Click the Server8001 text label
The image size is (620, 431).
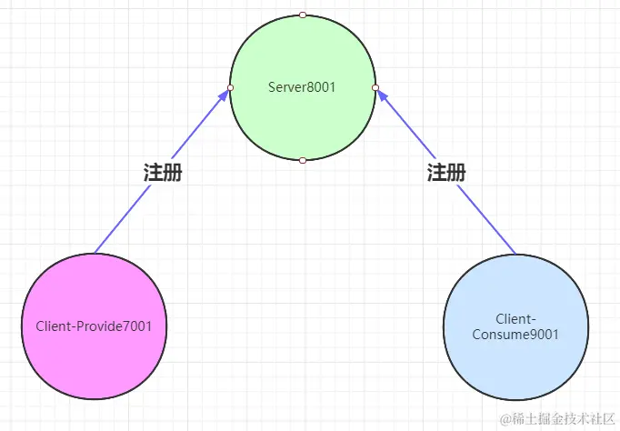(303, 87)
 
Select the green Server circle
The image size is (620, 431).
(303, 118)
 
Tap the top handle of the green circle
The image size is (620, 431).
(303, 15)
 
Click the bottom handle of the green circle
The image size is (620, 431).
(303, 160)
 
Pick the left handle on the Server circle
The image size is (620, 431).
(231, 87)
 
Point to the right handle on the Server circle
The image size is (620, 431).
(375, 87)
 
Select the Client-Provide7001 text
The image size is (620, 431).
(94, 326)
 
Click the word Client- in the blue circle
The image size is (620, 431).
(515, 319)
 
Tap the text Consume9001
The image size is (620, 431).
(515, 334)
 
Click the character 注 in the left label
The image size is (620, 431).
(154, 173)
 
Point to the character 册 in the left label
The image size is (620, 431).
(174, 173)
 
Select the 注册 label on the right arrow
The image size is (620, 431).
(446, 173)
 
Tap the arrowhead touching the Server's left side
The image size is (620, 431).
(224, 95)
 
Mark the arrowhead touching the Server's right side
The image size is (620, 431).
(382, 95)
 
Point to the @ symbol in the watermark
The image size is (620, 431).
(505, 419)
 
